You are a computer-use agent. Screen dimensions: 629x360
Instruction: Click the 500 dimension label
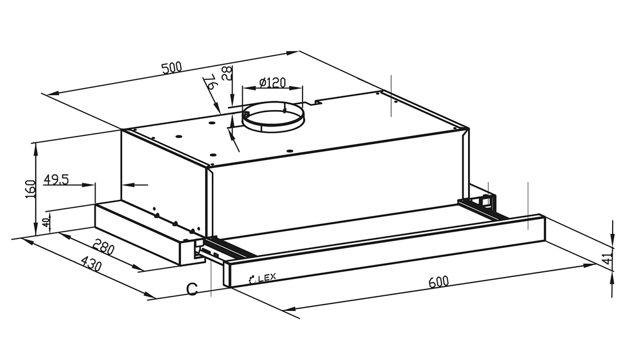(172, 67)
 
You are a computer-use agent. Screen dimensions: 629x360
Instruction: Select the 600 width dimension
(438, 282)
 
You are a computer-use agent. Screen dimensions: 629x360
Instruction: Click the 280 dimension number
(104, 247)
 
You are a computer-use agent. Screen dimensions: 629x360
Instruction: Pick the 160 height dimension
(31, 189)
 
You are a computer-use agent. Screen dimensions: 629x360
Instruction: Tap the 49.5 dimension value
(56, 179)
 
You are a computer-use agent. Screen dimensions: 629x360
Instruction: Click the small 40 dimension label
(47, 222)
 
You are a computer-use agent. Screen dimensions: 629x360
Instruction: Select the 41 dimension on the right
(610, 257)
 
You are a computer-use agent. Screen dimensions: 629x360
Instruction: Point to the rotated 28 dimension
(227, 74)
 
